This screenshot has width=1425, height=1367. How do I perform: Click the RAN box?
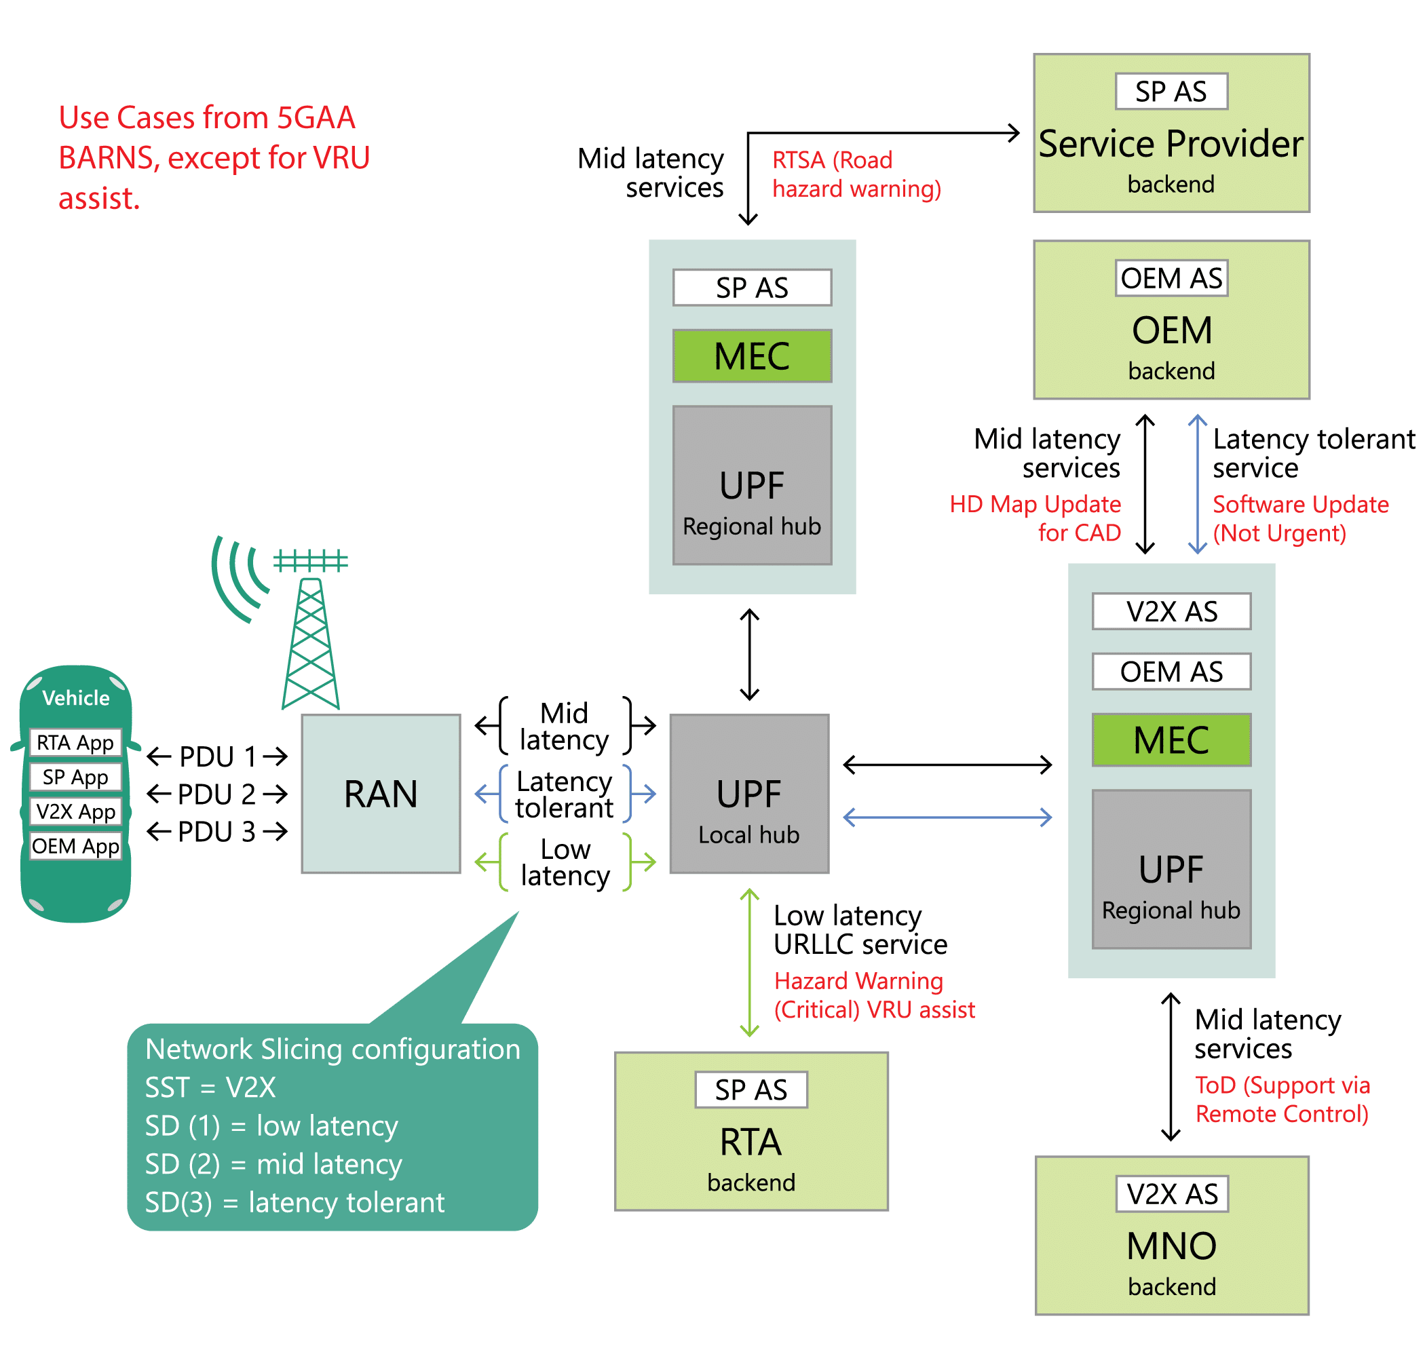pos(380,793)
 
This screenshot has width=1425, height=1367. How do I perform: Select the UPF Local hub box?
pos(749,793)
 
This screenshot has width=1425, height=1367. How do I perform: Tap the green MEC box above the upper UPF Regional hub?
pos(752,355)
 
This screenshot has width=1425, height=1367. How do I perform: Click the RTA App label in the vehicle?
pos(75,742)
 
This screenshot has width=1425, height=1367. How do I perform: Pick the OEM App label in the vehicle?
pos(75,846)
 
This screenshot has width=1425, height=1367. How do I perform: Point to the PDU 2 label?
pos(216,794)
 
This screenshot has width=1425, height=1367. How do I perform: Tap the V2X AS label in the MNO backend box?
pos(1171,1193)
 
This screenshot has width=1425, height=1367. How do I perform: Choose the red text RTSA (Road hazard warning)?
pos(856,174)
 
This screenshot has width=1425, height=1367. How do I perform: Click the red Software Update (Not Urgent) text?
pos(1300,518)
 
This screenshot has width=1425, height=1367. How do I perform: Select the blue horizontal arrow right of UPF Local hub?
pos(947,817)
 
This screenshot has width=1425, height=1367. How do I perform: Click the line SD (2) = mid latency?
pos(273,1163)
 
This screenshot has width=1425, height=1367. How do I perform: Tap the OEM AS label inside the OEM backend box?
pos(1171,277)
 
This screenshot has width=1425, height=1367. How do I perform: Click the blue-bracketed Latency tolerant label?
pos(564,794)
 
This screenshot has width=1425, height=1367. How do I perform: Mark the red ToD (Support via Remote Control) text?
pos(1282,1099)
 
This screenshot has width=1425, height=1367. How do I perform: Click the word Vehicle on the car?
pos(75,697)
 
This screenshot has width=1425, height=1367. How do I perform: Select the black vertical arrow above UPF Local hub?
pos(750,654)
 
